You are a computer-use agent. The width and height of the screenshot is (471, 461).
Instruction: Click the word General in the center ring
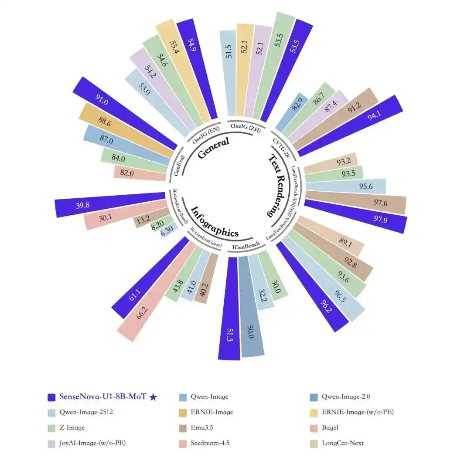point(213,148)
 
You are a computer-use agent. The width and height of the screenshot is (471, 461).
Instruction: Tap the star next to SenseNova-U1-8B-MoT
point(153,397)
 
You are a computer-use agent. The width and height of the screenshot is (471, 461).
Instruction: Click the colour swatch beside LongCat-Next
point(313,443)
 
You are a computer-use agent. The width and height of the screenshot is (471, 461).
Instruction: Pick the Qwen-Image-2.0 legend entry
point(346,397)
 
